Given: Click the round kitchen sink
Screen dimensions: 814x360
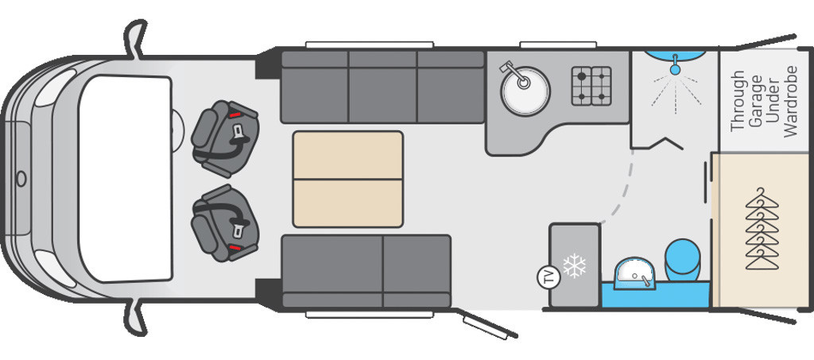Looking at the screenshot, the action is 525,91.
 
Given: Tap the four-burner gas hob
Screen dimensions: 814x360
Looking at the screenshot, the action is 591,86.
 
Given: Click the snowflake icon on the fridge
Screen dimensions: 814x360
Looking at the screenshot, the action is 574,265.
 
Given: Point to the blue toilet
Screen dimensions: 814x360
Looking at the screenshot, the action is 683,261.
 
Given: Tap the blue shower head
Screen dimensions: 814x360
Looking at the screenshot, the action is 675,66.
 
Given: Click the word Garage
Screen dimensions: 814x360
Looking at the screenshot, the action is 756,102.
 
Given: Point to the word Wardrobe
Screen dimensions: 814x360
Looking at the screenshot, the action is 791,102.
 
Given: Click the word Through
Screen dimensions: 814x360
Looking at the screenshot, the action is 738,101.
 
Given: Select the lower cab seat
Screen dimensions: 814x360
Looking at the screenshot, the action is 225,223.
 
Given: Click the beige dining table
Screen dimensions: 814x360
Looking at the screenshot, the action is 348,179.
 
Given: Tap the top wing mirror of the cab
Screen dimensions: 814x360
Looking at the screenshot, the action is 135,40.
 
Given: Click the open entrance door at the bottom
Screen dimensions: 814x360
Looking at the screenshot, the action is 486,323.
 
